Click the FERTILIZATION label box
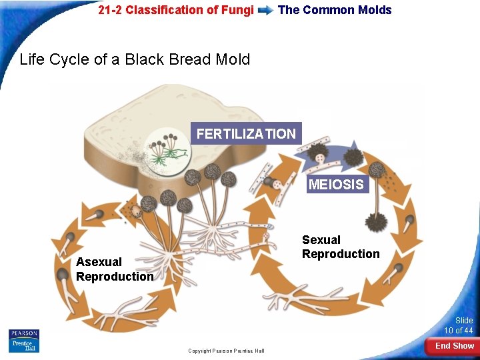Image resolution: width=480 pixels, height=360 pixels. pyautogui.click(x=246, y=134)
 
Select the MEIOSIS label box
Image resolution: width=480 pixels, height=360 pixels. pyautogui.click(x=337, y=184)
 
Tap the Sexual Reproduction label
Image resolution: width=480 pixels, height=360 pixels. pyautogui.click(x=341, y=247)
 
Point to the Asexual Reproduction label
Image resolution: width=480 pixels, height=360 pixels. pyautogui.click(x=115, y=269)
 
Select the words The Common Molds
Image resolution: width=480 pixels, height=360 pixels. pyautogui.click(x=335, y=10)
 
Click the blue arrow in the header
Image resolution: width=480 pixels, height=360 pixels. pyautogui.click(x=265, y=11)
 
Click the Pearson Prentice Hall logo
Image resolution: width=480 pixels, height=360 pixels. pyautogui.click(x=24, y=341)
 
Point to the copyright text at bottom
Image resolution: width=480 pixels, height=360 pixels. pyautogui.click(x=226, y=351)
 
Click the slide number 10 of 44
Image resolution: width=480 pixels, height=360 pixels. pyautogui.click(x=459, y=326)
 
